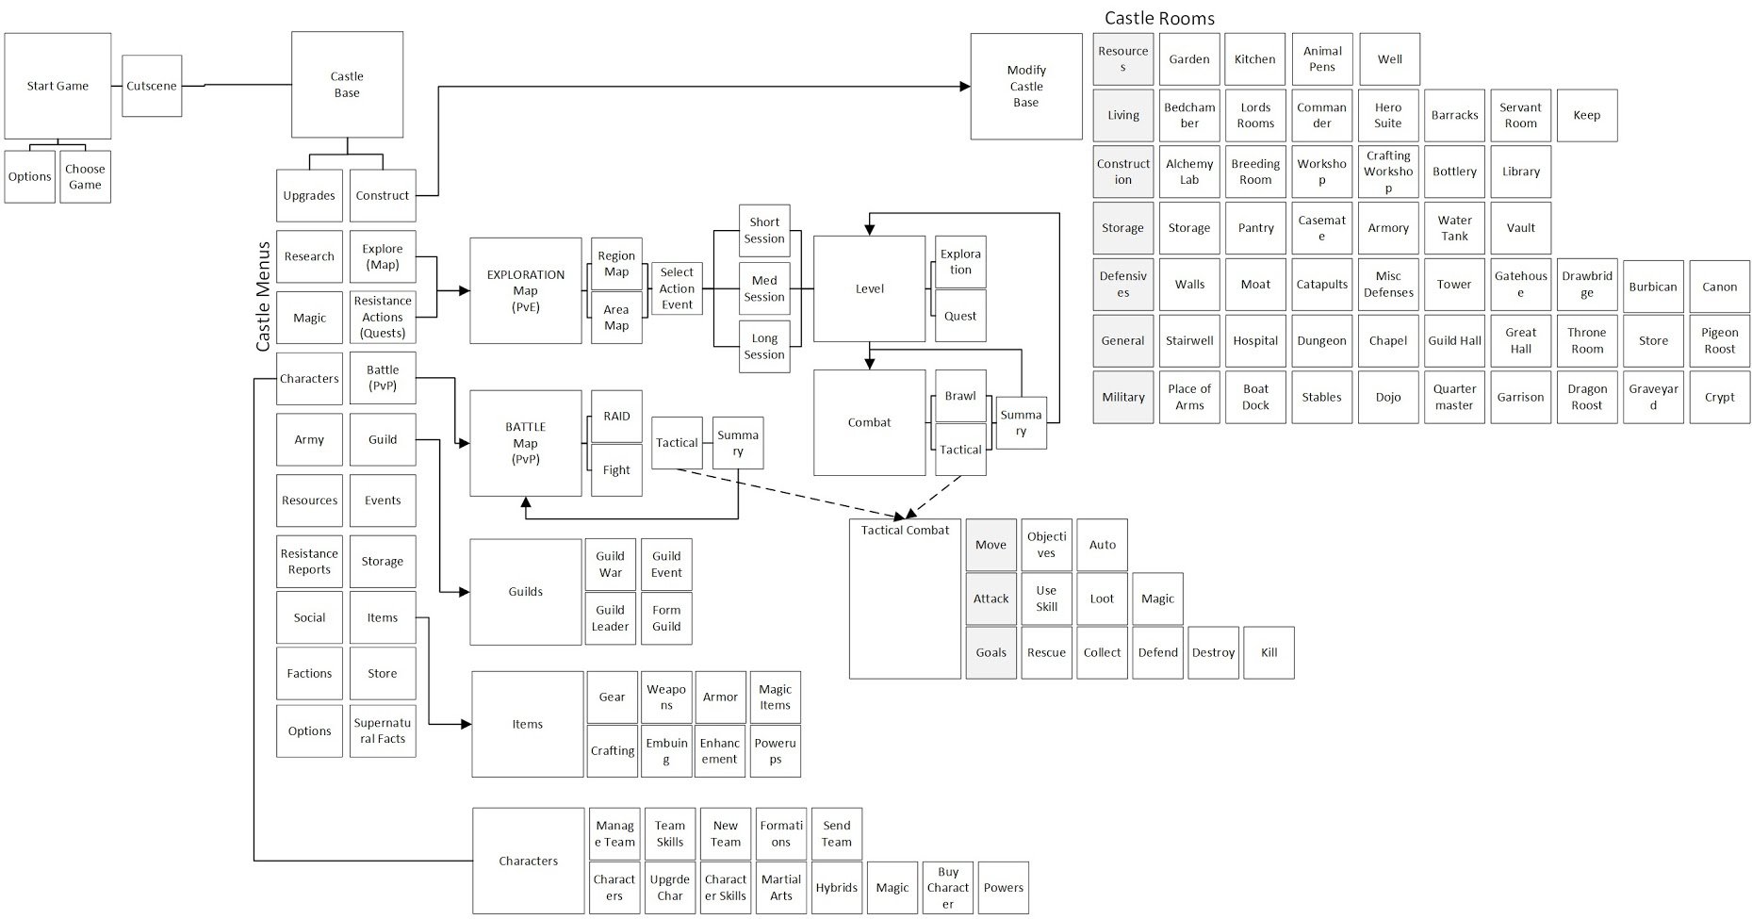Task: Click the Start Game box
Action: pos(57,86)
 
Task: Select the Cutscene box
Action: pos(152,86)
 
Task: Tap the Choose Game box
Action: pos(85,177)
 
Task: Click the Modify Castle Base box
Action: pos(1026,87)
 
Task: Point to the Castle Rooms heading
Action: pos(1159,18)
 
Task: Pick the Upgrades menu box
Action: pos(309,196)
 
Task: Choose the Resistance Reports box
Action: pos(309,562)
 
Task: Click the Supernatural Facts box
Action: pos(383,731)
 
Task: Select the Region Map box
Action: pos(616,264)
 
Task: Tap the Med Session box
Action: pos(764,288)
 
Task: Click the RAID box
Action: pos(616,417)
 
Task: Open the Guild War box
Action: pos(611,565)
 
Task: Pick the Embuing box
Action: pos(666,751)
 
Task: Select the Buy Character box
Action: pos(948,888)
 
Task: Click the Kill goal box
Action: pos(1269,652)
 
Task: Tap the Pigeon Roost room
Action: pos(1719,341)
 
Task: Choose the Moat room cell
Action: pos(1255,285)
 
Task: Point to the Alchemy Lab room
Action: pos(1189,172)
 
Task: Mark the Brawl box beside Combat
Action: pos(960,396)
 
